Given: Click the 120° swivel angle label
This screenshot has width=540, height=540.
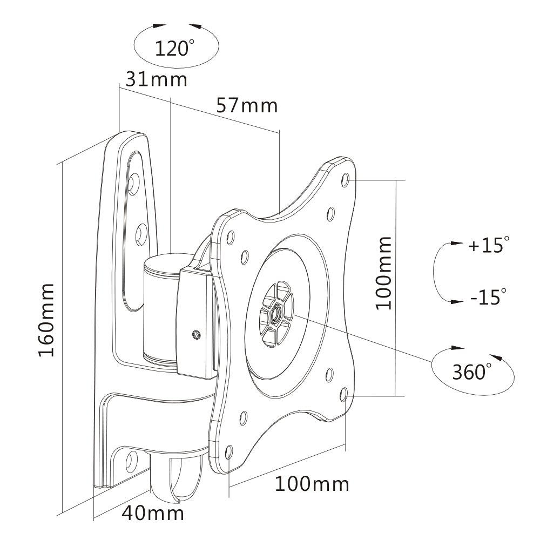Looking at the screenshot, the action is [174, 48].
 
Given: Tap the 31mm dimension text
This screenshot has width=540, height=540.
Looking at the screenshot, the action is [157, 79].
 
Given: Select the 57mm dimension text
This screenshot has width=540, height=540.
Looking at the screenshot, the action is [247, 105].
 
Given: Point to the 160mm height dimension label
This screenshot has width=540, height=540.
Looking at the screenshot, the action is [46, 320].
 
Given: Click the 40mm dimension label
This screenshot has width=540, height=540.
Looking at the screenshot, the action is [153, 513].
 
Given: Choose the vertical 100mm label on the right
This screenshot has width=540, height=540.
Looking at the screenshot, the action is [383, 273].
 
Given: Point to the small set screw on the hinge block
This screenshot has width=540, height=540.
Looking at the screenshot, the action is [197, 334].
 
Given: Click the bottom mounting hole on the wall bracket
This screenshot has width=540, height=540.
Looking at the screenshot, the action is [131, 462].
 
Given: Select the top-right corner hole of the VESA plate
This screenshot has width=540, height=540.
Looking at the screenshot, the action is [346, 180].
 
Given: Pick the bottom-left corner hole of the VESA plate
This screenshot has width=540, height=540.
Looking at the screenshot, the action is [229, 451].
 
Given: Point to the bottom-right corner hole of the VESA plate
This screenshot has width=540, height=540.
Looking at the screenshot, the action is [343, 395].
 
